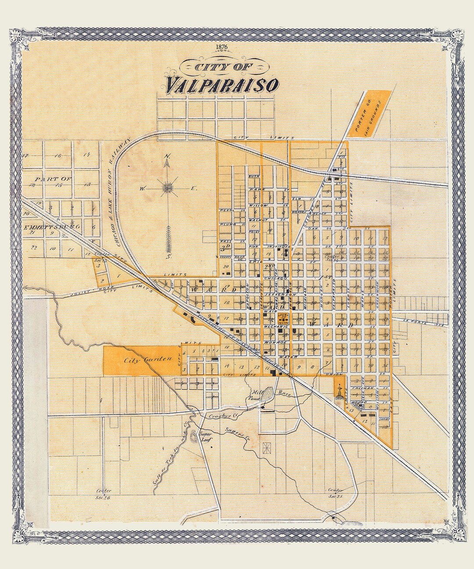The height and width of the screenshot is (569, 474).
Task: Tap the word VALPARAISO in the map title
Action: point(222,83)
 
